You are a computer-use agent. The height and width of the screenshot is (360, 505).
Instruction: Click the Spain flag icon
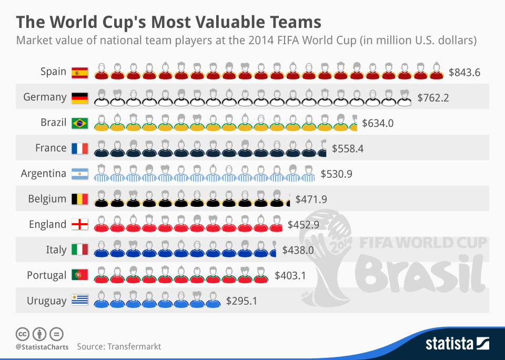(80, 72)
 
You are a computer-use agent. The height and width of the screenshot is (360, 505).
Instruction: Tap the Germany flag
(80, 97)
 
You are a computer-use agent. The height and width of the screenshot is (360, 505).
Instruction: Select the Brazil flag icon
(80, 123)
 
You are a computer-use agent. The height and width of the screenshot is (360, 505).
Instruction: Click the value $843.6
(464, 72)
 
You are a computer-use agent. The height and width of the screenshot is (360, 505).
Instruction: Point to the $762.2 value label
(433, 97)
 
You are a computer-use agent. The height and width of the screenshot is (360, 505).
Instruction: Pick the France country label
(50, 148)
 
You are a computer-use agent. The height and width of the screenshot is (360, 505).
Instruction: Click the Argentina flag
(80, 174)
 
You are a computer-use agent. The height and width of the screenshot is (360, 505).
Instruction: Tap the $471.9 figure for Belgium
(311, 199)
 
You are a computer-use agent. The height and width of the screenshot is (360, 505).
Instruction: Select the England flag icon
(80, 225)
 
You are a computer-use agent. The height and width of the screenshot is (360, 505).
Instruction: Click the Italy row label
(56, 250)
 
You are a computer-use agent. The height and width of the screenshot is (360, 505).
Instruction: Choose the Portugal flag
(80, 275)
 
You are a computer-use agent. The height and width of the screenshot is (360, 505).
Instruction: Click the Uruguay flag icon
(80, 301)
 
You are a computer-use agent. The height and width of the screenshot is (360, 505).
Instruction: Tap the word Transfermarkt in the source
(134, 347)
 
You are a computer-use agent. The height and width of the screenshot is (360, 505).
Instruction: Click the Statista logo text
(450, 345)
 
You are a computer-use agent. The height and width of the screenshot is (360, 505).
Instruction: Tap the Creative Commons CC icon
(22, 334)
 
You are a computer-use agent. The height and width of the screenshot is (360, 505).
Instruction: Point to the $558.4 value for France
(348, 148)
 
